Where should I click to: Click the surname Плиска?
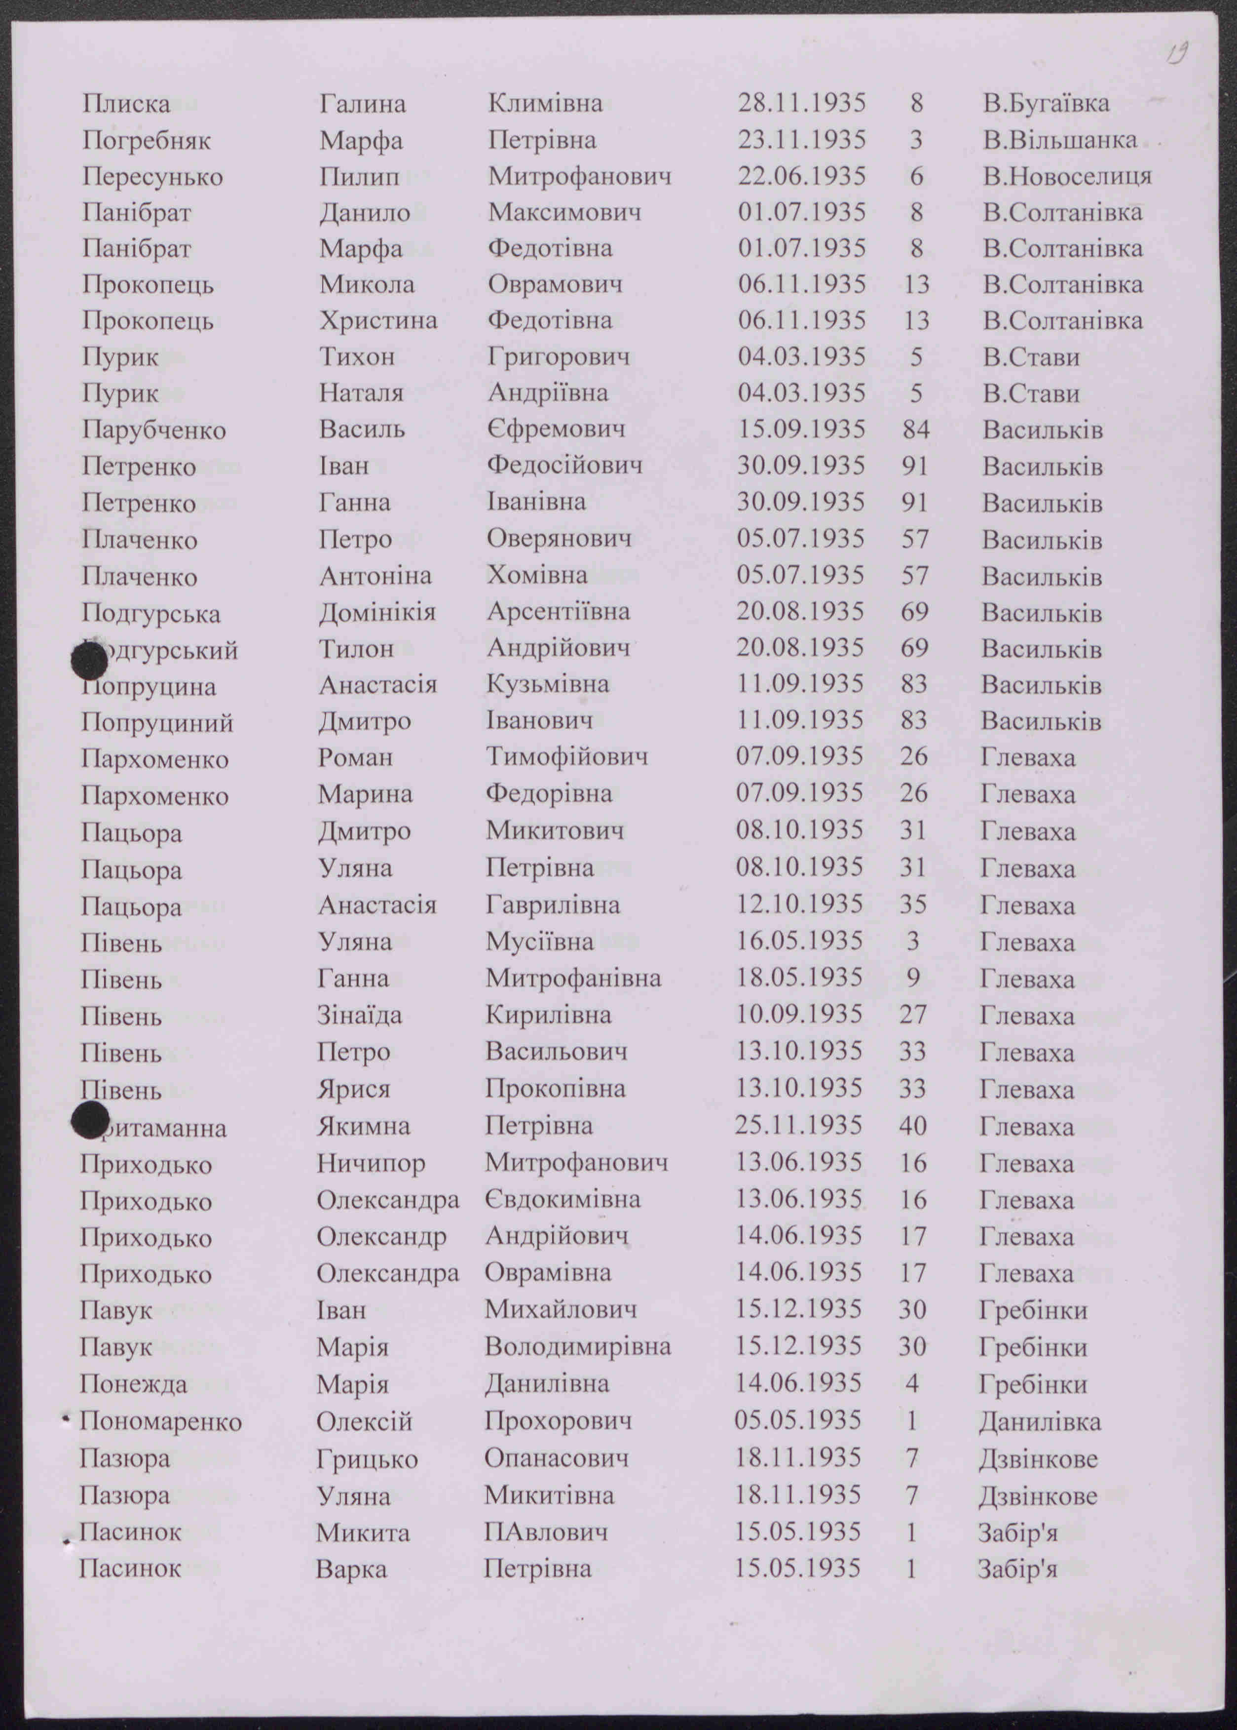click(126, 104)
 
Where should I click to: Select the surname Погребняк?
click(146, 140)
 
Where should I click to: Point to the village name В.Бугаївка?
click(1045, 104)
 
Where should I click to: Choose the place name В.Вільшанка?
click(1059, 140)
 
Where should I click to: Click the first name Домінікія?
click(376, 612)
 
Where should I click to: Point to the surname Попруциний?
click(157, 722)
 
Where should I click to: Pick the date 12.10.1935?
click(799, 904)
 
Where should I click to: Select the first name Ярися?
click(353, 1089)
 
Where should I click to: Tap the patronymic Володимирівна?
click(577, 1347)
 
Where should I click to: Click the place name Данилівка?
click(1039, 1421)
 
